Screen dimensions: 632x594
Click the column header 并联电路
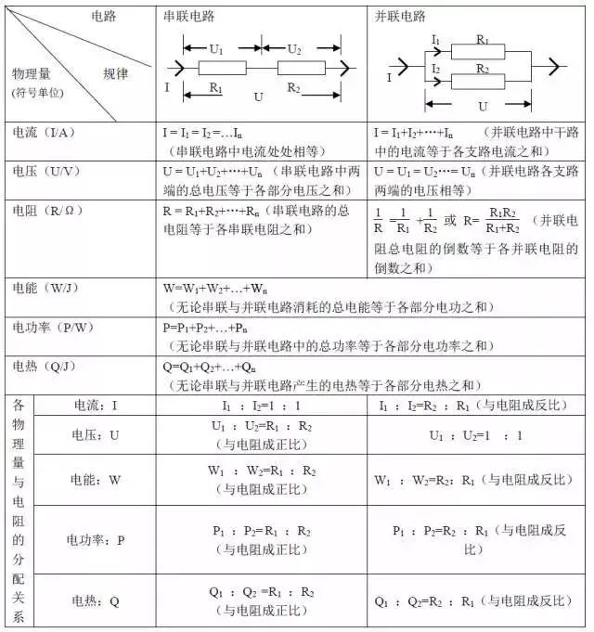[x=401, y=16]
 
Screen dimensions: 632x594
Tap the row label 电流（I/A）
[x=41, y=134]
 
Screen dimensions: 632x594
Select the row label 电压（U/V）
[x=43, y=172]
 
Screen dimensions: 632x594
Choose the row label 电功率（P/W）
[x=46, y=328]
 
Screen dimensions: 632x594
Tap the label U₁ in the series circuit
[x=214, y=46]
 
